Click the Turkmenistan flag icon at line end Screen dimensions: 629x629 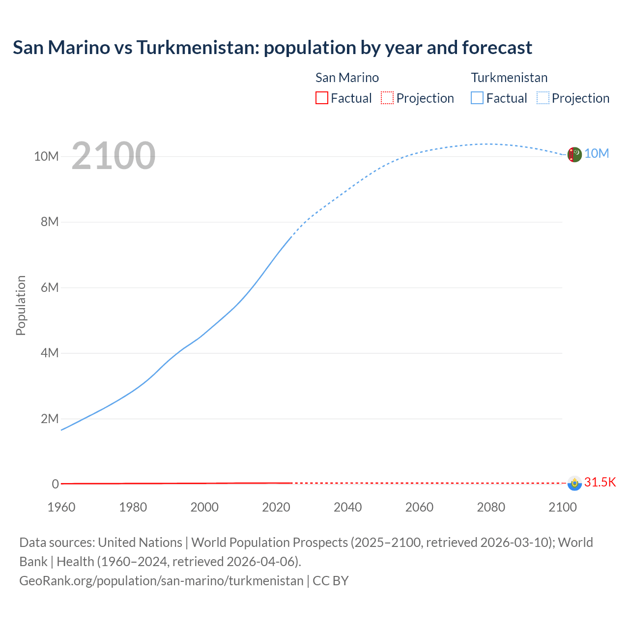click(x=574, y=154)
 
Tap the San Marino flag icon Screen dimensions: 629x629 click(x=574, y=483)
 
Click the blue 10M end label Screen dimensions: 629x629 click(x=597, y=154)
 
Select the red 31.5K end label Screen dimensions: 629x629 click(x=600, y=482)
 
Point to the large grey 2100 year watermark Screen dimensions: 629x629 click(x=114, y=156)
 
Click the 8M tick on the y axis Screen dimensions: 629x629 click(x=50, y=222)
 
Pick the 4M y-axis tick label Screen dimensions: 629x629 click(x=50, y=353)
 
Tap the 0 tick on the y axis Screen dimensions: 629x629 click(x=56, y=484)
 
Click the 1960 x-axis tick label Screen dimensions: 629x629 click(x=61, y=507)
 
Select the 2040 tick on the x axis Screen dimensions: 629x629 click(x=347, y=507)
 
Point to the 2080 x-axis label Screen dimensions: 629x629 click(x=491, y=507)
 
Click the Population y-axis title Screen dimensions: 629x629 click(x=21, y=305)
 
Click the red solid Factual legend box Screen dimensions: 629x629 click(x=321, y=98)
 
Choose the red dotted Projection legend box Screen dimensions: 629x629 click(x=387, y=98)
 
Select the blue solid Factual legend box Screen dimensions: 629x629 click(x=477, y=98)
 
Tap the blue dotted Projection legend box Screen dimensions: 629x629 click(x=543, y=98)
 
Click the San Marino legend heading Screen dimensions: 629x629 click(x=347, y=78)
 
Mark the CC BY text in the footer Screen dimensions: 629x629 click(x=331, y=581)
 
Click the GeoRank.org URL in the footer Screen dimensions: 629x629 click(x=161, y=581)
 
